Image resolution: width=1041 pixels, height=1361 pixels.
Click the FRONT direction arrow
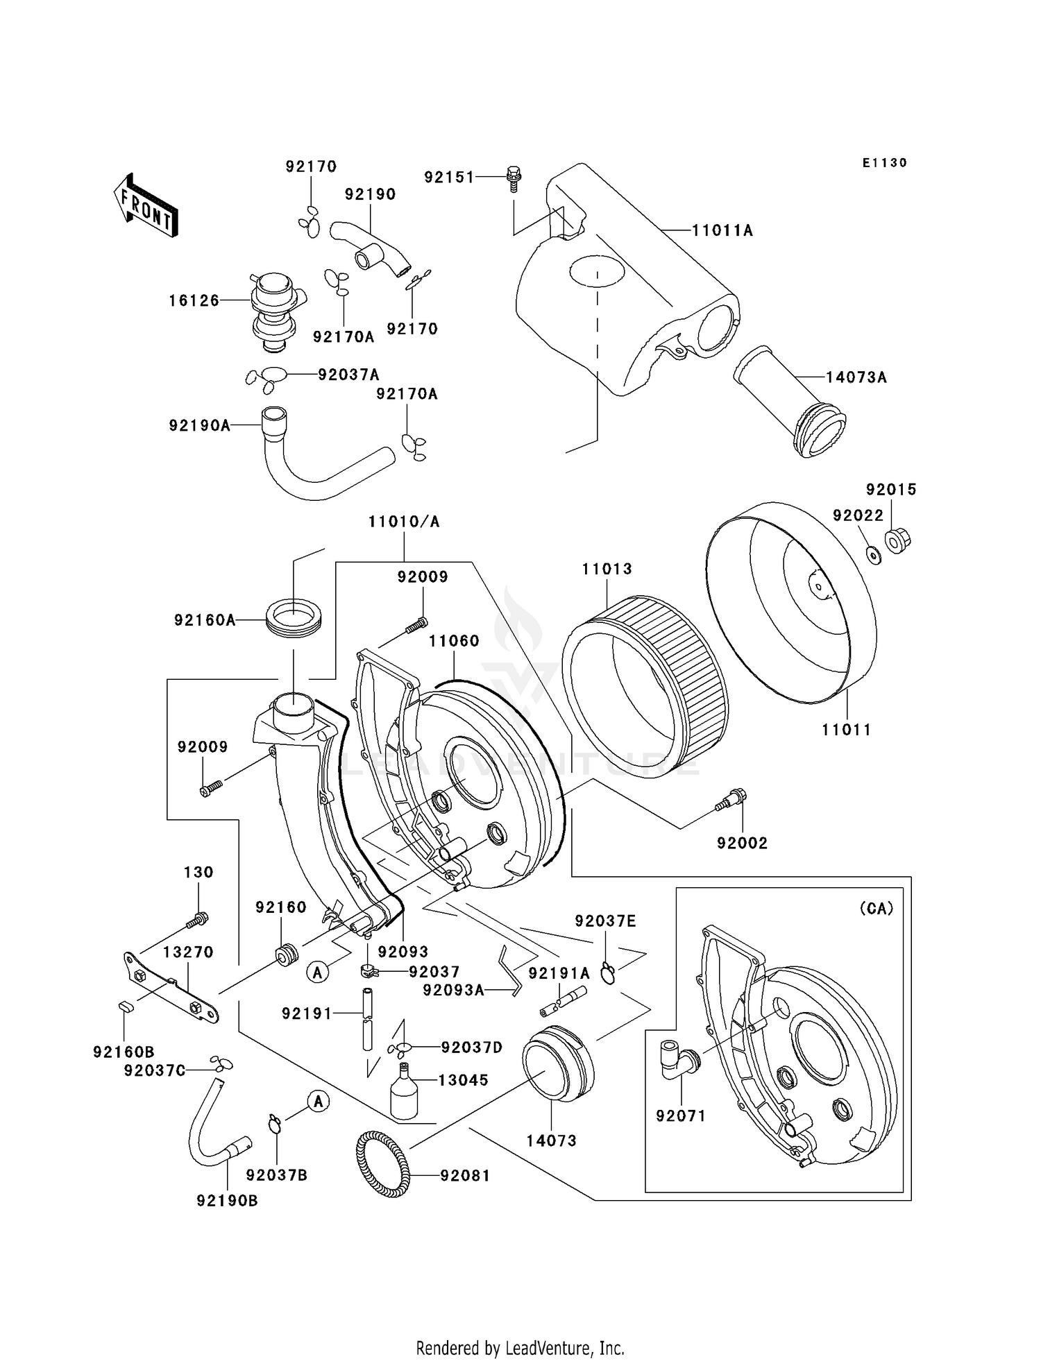(146, 206)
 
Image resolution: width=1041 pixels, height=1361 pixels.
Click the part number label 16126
(194, 300)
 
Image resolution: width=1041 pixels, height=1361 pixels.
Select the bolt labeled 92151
(514, 178)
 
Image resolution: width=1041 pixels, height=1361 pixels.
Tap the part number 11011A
(722, 230)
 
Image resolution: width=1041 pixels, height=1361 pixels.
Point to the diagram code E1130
(884, 163)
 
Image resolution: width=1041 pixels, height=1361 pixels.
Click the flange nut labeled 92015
(897, 539)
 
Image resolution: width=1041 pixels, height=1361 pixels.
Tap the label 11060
(454, 641)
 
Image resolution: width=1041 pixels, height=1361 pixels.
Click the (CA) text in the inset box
(876, 908)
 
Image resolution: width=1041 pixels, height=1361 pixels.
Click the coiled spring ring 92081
(382, 1162)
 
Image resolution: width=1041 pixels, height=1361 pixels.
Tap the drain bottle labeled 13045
(403, 1095)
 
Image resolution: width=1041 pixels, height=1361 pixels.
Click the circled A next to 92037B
(318, 1101)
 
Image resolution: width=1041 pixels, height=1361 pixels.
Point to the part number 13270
(188, 952)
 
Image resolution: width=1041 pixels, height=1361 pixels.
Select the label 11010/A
(404, 522)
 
